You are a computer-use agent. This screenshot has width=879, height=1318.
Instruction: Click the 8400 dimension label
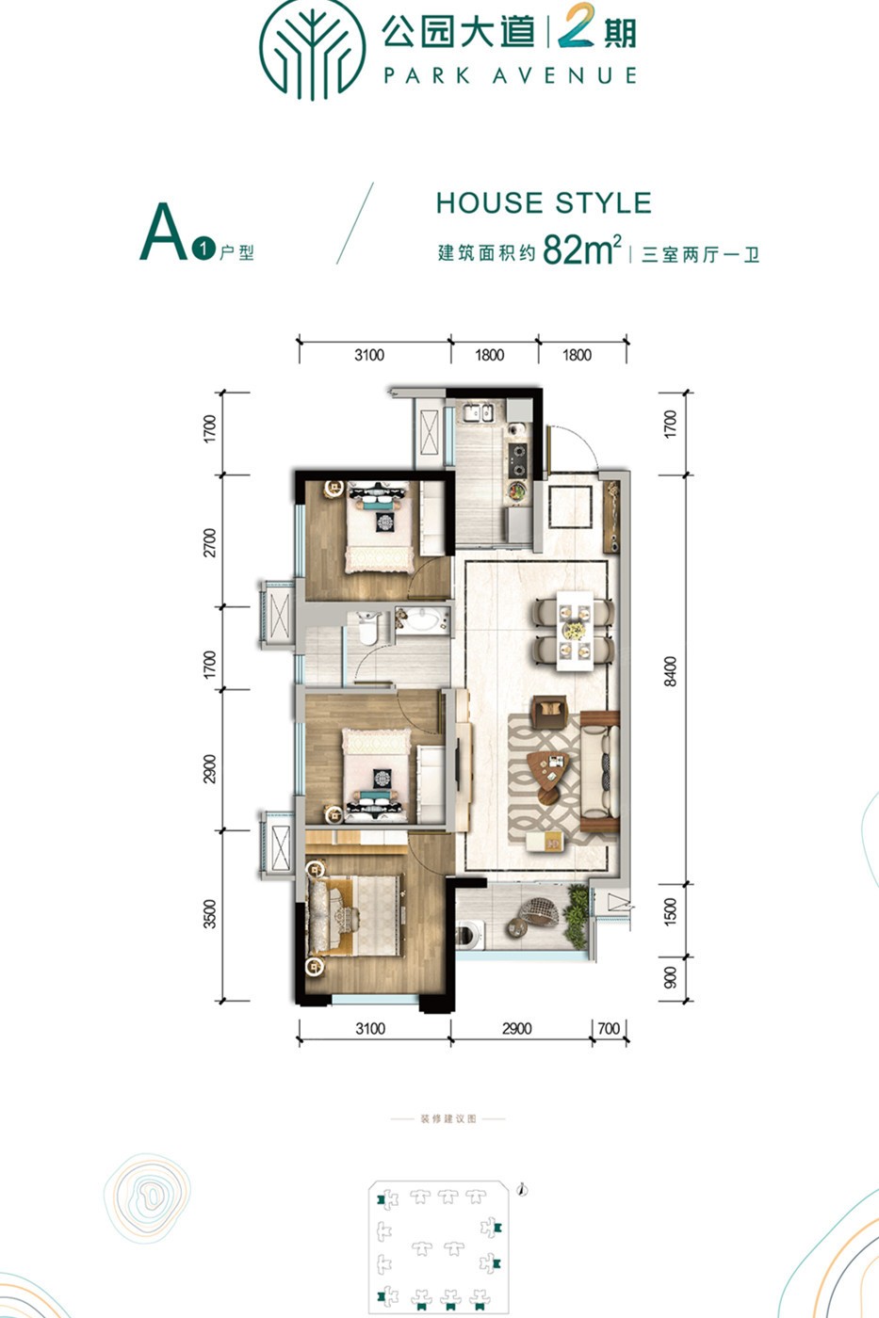670,671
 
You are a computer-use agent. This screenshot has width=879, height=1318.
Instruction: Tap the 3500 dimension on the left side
209,914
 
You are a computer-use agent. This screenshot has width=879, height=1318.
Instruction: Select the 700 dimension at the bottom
609,1028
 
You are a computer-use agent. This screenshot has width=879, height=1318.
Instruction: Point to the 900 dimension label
670,978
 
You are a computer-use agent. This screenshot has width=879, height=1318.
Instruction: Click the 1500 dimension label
670,911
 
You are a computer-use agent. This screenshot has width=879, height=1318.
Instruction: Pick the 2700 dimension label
209,542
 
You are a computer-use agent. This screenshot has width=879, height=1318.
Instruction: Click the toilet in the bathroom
368,628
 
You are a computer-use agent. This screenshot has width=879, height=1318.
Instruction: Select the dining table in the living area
575,630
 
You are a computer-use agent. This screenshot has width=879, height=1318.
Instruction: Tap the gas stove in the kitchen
518,459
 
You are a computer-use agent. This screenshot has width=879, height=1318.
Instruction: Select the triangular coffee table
548,770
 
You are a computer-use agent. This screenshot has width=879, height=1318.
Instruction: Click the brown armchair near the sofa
549,711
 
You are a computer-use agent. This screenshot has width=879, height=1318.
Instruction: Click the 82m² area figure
581,249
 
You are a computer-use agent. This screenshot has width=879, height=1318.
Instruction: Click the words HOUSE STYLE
544,203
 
